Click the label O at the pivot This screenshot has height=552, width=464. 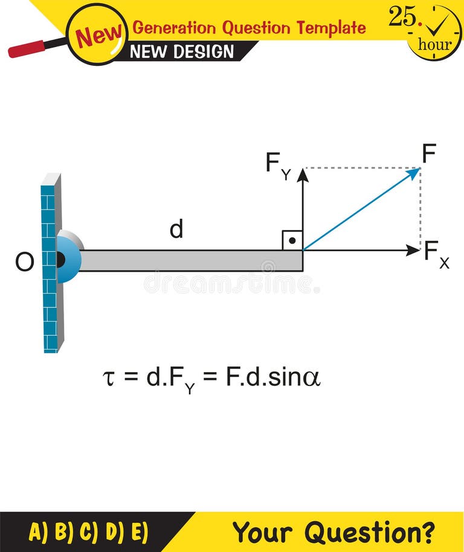coord(24,263)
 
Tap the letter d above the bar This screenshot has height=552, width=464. coord(176,229)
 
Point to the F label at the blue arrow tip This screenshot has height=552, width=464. coord(429,155)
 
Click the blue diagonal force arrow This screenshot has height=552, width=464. coord(361,209)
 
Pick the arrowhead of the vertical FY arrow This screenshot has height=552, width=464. coord(303,175)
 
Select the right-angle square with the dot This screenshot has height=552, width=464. coord(292,240)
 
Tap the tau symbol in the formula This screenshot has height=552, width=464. coord(109,379)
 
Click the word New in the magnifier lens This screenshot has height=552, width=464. coord(98,35)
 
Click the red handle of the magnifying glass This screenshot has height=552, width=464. coord(27,48)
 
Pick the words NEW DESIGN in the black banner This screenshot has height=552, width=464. coord(181,51)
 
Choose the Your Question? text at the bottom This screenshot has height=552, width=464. coord(333,532)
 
